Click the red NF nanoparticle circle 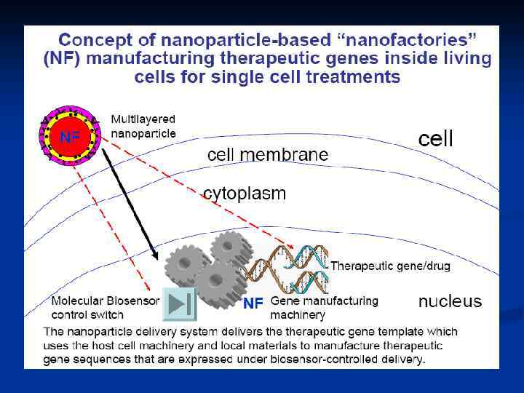pyautogui.click(x=70, y=137)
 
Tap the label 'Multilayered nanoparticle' pyautogui.click(x=143, y=125)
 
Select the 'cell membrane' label pyautogui.click(x=267, y=155)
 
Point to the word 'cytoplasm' pyautogui.click(x=244, y=194)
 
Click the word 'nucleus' pyautogui.click(x=449, y=301)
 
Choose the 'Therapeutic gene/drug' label pyautogui.click(x=390, y=266)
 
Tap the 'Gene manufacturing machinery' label pyautogui.click(x=324, y=307)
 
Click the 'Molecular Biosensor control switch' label pyautogui.click(x=105, y=307)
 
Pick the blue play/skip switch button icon pyautogui.click(x=179, y=304)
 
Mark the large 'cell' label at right pyautogui.click(x=435, y=138)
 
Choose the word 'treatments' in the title pyautogui.click(x=357, y=76)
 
